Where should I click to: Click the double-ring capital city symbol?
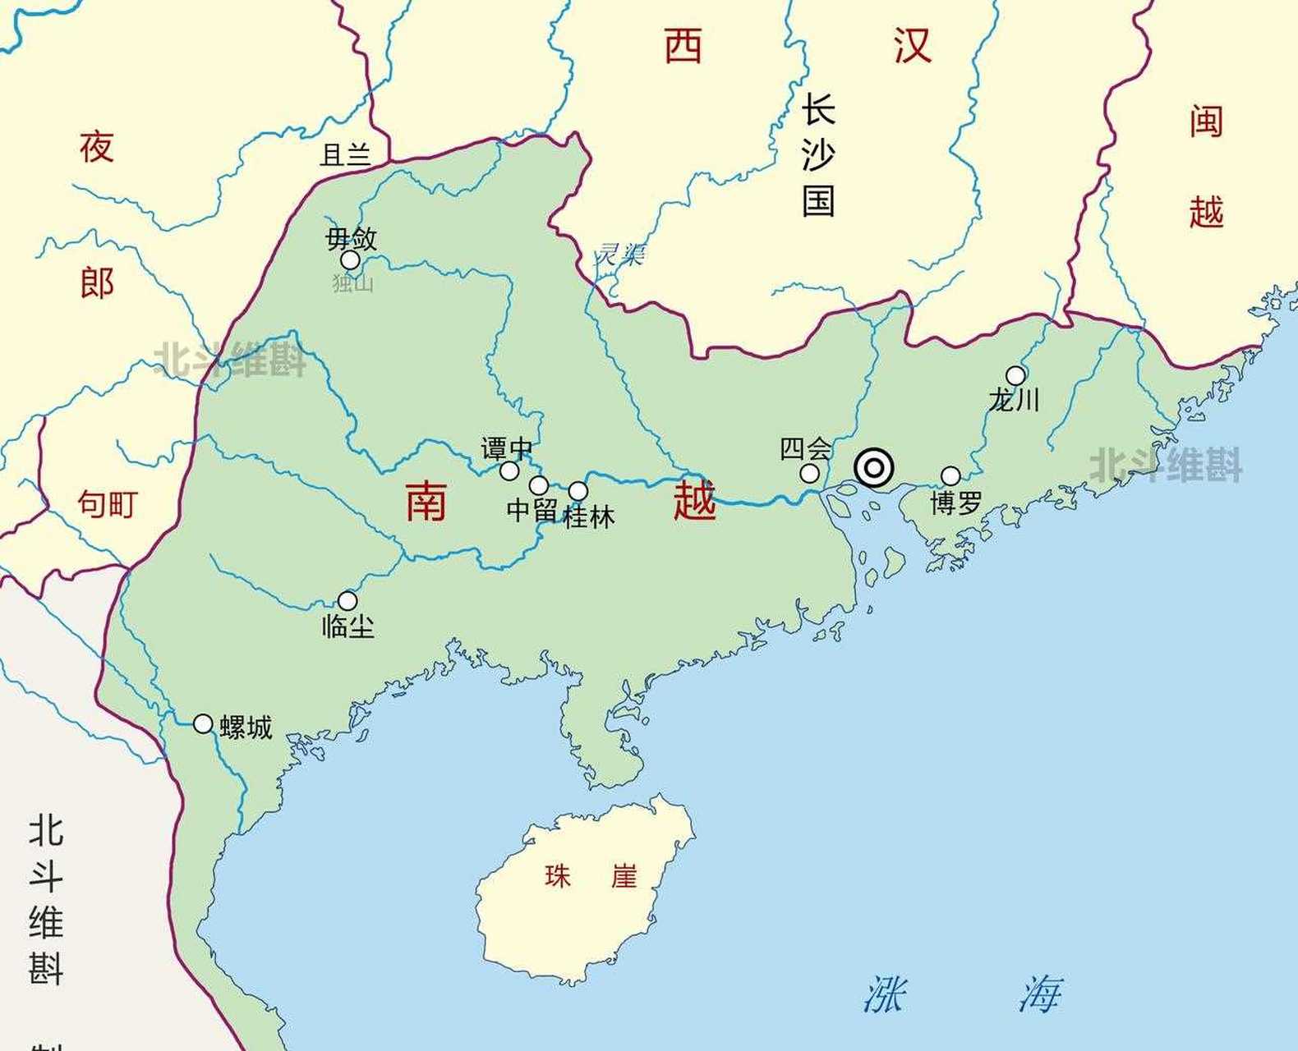click(873, 468)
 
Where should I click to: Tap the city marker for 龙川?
click(1015, 376)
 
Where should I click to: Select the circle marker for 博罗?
click(950, 476)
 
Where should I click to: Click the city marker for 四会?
click(809, 473)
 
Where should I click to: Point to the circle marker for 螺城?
click(203, 723)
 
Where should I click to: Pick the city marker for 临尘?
click(348, 600)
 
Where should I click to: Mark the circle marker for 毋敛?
click(351, 260)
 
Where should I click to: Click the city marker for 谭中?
click(509, 470)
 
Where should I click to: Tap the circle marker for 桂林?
click(578, 491)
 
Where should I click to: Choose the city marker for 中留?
click(538, 485)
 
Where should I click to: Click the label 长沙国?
click(818, 155)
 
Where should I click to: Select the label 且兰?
click(345, 154)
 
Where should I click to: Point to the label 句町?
click(107, 503)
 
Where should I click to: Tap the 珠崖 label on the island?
click(590, 876)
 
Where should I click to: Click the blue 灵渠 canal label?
click(620, 254)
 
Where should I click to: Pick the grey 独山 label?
click(353, 283)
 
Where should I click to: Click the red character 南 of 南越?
click(426, 501)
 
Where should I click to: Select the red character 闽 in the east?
click(1206, 122)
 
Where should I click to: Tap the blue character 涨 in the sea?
click(884, 994)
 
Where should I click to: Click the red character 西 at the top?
click(683, 46)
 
